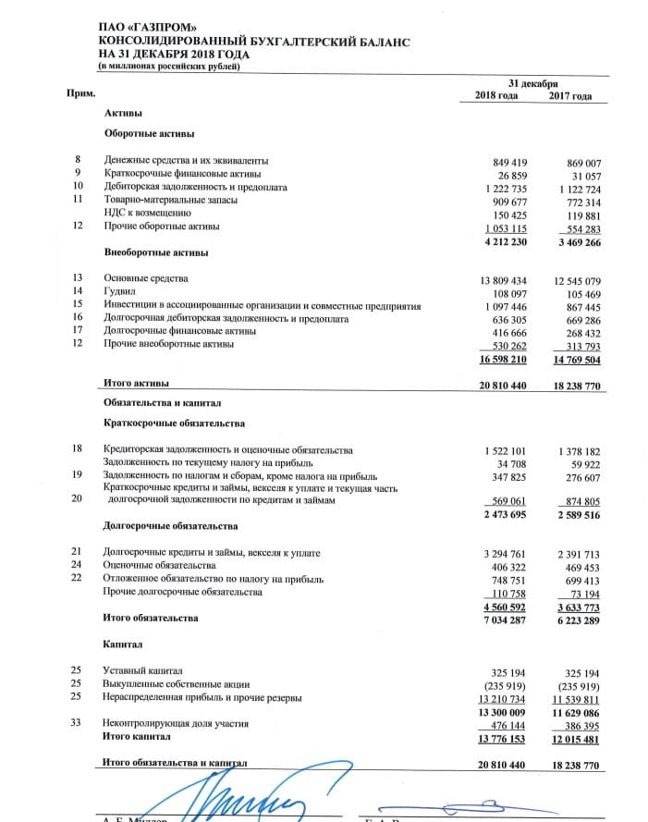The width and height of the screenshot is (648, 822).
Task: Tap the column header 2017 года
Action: (x=569, y=96)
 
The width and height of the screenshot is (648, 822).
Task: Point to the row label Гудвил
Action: (x=120, y=291)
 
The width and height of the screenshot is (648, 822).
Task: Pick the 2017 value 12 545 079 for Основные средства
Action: (x=572, y=278)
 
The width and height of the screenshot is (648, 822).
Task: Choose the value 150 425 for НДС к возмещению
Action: (x=507, y=214)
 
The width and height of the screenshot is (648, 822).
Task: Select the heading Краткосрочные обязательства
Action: (x=175, y=423)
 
